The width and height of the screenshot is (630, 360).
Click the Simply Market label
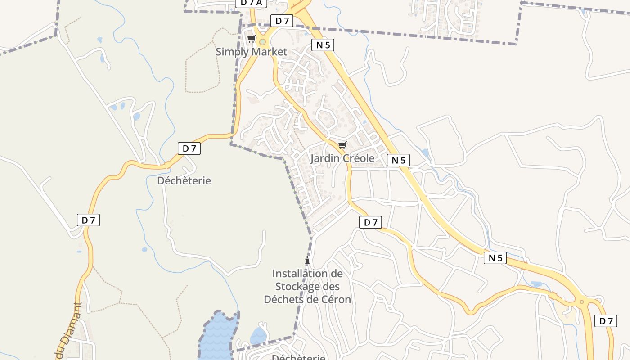251,52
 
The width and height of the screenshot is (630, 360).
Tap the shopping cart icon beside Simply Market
252,39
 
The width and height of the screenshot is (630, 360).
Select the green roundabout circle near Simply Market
262,42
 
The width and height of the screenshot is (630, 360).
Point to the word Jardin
325,158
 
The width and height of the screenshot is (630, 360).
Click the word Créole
359,158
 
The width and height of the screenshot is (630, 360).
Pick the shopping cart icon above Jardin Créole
342,145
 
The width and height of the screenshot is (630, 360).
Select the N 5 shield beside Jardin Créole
398,160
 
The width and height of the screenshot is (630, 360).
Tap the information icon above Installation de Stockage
307,261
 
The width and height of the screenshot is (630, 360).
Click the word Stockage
307,287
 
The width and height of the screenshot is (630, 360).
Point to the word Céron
334,299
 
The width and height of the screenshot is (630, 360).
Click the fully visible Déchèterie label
184,181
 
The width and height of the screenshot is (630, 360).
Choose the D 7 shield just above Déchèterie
189,148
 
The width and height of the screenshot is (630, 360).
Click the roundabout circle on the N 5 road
582,302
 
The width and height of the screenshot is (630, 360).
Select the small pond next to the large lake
259,336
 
